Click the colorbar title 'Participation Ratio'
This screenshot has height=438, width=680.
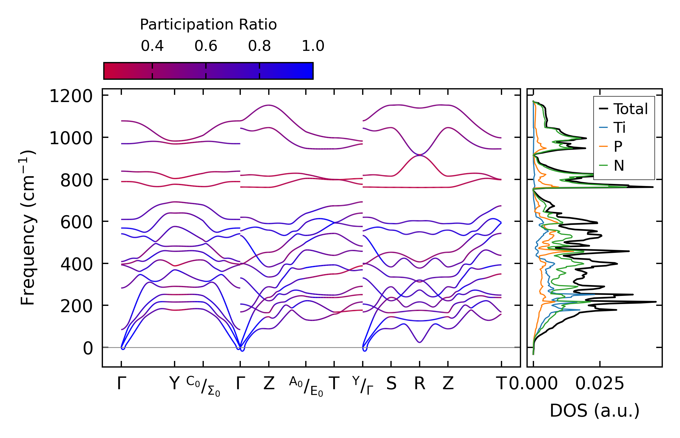coord(208,25)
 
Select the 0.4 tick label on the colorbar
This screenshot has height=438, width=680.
coord(152,46)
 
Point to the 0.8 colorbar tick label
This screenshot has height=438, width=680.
coord(259,46)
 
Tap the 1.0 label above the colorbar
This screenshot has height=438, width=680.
coord(313,46)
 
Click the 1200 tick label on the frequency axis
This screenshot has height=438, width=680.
coord(71,97)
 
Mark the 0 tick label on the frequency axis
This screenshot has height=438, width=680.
coord(88,349)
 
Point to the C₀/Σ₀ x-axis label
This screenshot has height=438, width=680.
coord(203,386)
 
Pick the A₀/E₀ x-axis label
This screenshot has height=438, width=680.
coord(306,386)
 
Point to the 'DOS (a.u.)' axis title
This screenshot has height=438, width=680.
coord(595,411)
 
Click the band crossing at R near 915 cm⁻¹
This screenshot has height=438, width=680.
coord(420,155)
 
